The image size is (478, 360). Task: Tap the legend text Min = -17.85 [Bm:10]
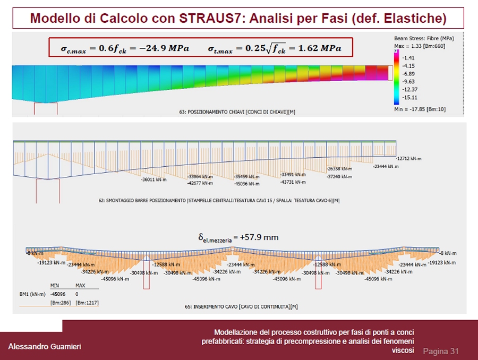point(420,109)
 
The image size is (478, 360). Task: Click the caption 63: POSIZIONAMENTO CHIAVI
point(236,112)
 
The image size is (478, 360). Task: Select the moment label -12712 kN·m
point(408,158)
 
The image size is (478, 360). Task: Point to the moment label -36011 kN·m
point(154,180)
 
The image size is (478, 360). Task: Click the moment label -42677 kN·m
point(200,183)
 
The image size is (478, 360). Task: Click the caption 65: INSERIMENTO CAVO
point(237,307)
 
